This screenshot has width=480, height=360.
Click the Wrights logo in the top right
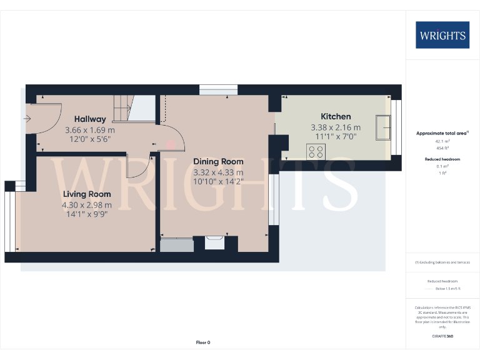tap(442, 35)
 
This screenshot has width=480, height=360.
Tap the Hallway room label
tap(90, 119)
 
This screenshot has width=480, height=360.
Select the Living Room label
tap(87, 194)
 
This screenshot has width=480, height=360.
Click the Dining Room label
tap(218, 161)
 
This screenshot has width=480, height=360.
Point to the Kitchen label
tap(336, 116)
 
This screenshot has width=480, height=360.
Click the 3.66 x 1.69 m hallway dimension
tap(90, 130)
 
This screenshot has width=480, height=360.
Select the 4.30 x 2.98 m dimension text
tap(87, 205)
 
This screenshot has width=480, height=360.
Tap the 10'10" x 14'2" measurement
tap(218, 182)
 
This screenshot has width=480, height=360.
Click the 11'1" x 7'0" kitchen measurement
tap(336, 137)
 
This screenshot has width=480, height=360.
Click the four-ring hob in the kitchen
tap(316, 151)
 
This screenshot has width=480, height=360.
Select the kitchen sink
tap(382, 127)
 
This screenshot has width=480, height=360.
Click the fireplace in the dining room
tap(215, 242)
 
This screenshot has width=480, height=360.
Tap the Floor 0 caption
tap(203, 342)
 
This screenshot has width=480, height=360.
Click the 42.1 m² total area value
tap(442, 141)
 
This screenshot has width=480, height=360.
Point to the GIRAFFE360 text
tap(442, 336)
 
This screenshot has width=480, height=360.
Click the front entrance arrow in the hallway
tap(27, 117)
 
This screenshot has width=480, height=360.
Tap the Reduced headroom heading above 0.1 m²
tap(442, 159)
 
